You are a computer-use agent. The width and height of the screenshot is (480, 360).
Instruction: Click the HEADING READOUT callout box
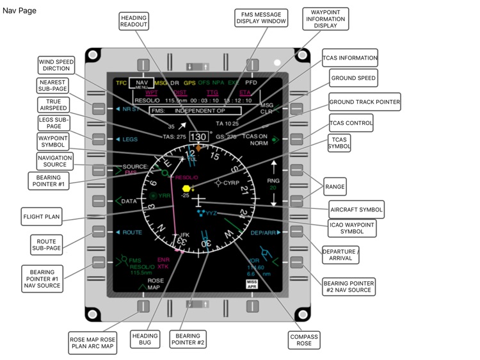point(134,20)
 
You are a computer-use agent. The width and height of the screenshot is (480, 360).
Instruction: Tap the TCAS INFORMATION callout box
point(349,58)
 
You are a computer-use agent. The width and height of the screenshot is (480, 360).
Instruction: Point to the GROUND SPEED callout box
point(353,78)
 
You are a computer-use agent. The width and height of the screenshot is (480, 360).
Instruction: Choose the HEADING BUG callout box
point(145,339)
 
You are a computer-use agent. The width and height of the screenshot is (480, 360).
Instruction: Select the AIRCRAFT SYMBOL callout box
point(356,209)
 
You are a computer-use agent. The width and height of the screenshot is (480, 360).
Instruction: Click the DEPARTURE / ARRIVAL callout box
point(340,256)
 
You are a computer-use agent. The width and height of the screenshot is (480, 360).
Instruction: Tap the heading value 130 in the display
point(199,136)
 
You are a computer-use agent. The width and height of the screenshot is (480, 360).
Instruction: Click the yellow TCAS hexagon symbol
point(186,189)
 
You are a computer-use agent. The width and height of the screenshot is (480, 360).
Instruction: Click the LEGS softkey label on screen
point(130,139)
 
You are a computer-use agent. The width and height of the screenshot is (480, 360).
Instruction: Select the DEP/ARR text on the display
point(262,233)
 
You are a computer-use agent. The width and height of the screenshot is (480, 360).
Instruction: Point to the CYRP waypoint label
point(231,183)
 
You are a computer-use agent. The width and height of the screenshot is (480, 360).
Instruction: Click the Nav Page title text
point(20,11)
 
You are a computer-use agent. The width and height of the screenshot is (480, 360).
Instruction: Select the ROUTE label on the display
point(132,233)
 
